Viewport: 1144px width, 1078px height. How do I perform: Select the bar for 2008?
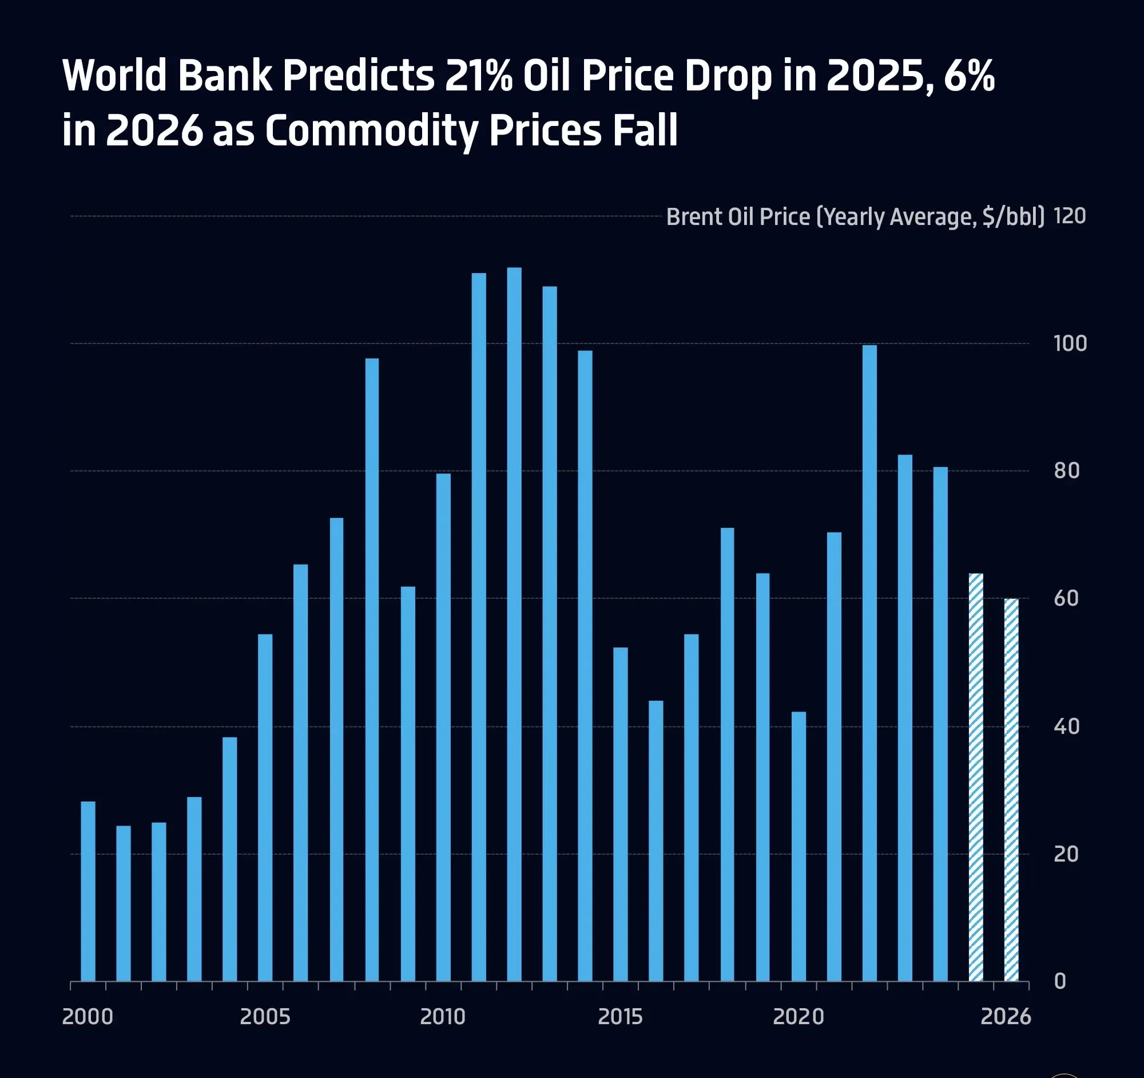point(372,671)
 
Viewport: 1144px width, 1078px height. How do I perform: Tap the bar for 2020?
point(798,847)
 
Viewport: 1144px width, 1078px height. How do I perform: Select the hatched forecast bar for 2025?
point(976,778)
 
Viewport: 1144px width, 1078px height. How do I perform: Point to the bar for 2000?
point(88,892)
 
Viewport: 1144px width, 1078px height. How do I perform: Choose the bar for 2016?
point(656,842)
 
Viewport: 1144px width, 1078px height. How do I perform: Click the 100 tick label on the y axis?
point(1070,344)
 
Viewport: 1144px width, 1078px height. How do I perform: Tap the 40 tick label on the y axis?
point(1066,726)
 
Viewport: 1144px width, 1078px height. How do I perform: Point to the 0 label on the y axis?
point(1060,981)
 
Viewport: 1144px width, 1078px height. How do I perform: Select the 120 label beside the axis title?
point(1070,216)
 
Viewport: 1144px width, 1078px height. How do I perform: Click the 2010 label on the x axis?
point(443,1017)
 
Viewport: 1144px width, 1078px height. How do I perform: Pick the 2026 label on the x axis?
point(1006,1017)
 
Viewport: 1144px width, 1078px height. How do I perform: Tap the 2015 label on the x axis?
point(621,1017)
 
